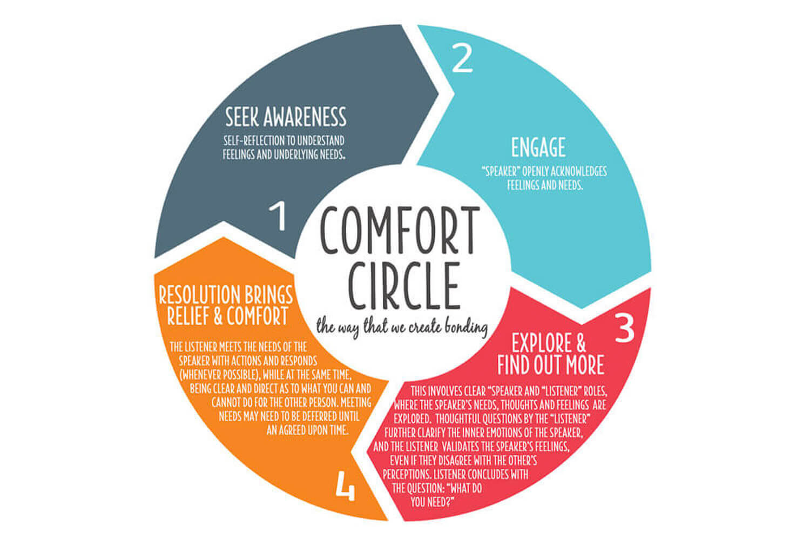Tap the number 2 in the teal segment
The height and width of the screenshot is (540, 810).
click(x=462, y=59)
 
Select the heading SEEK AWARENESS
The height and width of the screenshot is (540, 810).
click(x=286, y=117)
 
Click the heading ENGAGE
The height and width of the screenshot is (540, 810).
click(x=538, y=147)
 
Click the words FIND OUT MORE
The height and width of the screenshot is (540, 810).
click(x=550, y=366)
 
